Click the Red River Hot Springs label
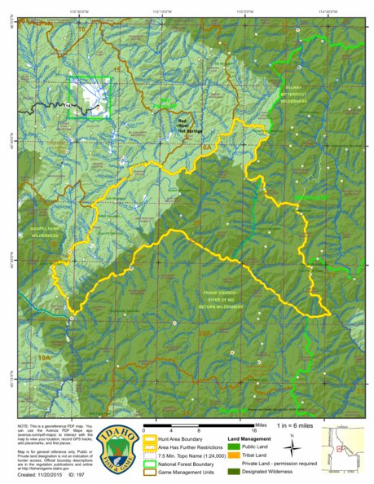[x=189, y=125]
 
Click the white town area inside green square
[x=92, y=98]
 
